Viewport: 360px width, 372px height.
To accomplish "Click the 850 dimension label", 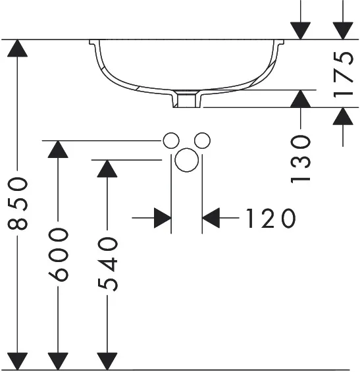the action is point(18,203).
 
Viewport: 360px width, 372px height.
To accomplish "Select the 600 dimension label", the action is point(59,255).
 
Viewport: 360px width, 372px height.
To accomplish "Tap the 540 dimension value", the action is point(107,264).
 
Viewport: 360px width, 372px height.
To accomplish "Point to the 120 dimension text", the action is point(270,218).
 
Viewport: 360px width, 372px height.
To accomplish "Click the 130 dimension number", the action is point(300,159).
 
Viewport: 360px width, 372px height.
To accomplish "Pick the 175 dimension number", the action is point(343,75).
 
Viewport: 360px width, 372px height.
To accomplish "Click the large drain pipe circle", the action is point(187,160).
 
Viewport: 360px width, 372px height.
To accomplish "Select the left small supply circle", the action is point(171,141).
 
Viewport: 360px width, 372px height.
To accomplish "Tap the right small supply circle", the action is point(202,141).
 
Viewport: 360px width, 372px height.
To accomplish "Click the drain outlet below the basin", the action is point(187,99).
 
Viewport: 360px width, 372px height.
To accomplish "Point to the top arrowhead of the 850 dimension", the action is point(17,48).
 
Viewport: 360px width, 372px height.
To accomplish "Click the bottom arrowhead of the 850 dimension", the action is point(17,361).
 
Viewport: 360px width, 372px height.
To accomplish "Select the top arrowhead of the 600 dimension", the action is point(58,149).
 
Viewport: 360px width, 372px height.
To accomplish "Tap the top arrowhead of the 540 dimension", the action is point(107,169).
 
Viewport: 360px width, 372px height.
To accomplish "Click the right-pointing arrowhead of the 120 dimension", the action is point(163,218).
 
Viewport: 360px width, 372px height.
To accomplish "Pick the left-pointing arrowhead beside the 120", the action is point(211,218).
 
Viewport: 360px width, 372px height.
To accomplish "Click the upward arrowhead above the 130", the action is point(301,99).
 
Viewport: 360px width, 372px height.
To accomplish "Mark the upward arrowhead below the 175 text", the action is point(343,117).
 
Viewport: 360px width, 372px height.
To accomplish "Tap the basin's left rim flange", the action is point(93,43).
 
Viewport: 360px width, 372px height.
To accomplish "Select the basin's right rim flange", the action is point(279,43).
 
